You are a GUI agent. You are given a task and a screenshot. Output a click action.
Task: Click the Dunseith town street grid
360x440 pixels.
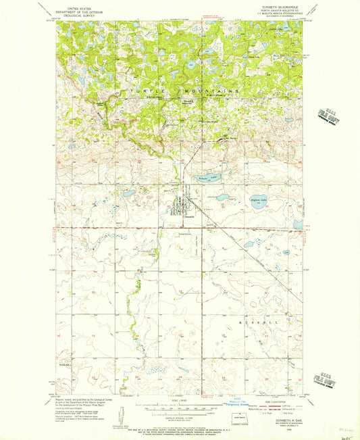click(x=181, y=205)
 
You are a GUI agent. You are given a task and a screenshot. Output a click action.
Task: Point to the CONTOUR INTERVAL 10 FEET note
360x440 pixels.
click(x=179, y=420)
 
